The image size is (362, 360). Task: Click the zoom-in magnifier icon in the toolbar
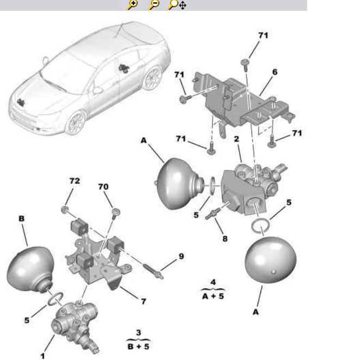click(x=132, y=4)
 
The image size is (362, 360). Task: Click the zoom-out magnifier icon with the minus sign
click(x=154, y=4)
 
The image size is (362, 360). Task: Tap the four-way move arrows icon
click(x=183, y=5)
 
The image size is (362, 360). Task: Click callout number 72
click(x=74, y=181)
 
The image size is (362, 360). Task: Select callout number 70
click(x=103, y=187)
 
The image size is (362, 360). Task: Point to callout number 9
click(x=181, y=256)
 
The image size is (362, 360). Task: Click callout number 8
click(x=225, y=239)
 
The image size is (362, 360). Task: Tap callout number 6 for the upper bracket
click(x=274, y=72)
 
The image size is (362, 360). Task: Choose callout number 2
click(x=236, y=139)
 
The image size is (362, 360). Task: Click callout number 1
click(x=42, y=356)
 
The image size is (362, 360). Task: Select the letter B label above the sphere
click(x=22, y=219)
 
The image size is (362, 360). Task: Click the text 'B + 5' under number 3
click(x=138, y=346)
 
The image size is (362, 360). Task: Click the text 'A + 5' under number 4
click(x=213, y=296)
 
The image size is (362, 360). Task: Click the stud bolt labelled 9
click(x=153, y=271)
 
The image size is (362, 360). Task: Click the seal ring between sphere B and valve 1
click(x=55, y=299)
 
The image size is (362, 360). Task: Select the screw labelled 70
click(x=115, y=213)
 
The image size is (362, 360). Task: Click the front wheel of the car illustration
click(x=76, y=122)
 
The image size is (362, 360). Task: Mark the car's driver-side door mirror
click(x=98, y=90)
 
